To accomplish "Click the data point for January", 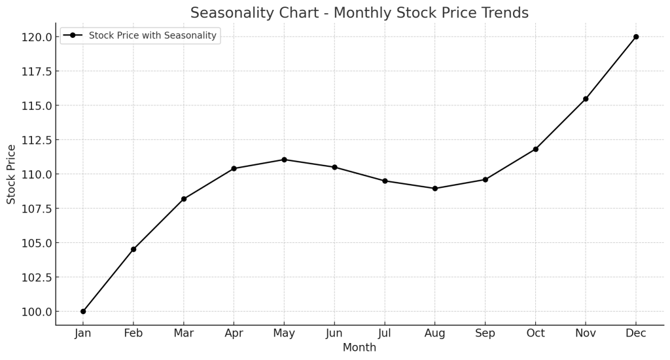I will [83, 312].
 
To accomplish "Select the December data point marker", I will [636, 37].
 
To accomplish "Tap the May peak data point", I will [284, 160].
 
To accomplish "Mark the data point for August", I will [435, 189].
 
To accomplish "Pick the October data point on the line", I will [535, 149].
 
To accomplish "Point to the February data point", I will [133, 249].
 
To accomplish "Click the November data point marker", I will [586, 99].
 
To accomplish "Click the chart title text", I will [359, 13].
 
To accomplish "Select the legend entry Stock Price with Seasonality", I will [152, 35].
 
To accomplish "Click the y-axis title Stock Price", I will [11, 174].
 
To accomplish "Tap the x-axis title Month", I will [359, 348].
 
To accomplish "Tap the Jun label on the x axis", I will [334, 333].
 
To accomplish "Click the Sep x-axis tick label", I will [485, 333].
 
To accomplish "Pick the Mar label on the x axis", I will [184, 333].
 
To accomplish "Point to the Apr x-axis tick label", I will [234, 333].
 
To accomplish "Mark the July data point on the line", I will [385, 181].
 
